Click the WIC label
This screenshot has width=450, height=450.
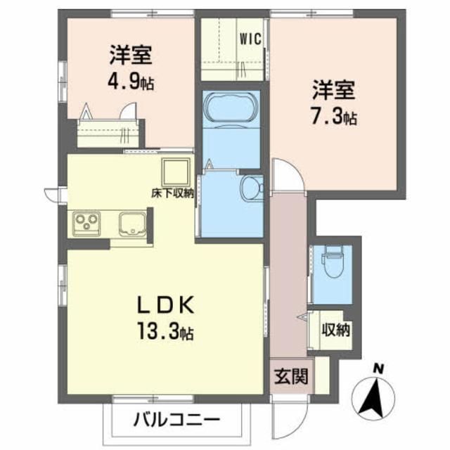[252, 39]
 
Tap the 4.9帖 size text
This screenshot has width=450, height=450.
[131, 82]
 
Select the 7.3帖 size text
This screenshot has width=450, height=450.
[335, 117]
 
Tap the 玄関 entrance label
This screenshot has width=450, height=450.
[290, 375]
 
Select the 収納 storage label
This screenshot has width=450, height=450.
[337, 329]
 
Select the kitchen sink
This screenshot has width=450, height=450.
[131, 226]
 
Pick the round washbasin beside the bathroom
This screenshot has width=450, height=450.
[250, 188]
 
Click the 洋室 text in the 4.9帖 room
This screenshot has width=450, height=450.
[131, 54]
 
